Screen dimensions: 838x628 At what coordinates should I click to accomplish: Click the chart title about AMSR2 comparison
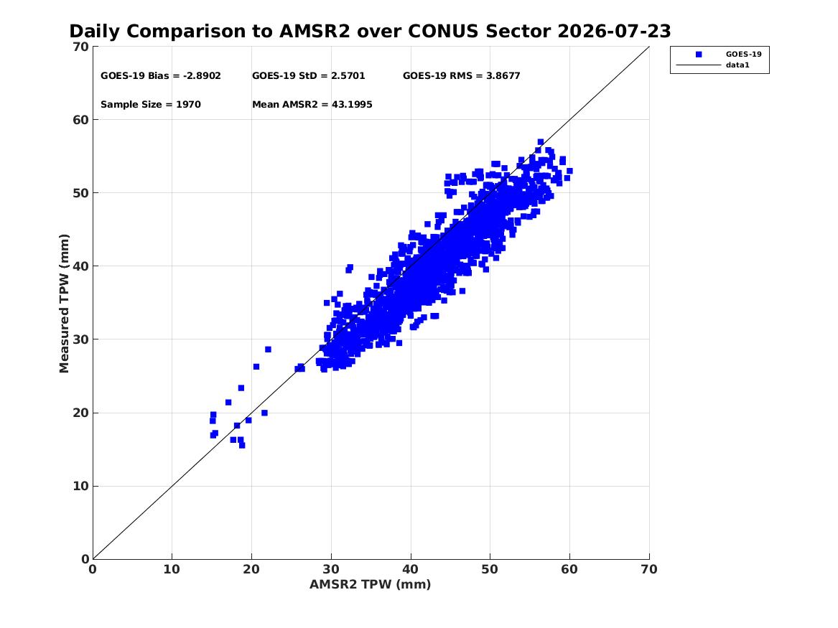(x=370, y=31)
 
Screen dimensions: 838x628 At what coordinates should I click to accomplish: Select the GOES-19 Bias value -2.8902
(x=202, y=76)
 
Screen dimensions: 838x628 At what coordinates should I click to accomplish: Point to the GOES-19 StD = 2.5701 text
(x=308, y=76)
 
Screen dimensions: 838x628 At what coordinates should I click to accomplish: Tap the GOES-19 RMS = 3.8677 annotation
(x=461, y=76)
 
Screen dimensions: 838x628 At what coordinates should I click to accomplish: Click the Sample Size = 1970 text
(x=151, y=105)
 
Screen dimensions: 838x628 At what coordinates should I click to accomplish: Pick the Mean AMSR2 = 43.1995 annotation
(x=312, y=105)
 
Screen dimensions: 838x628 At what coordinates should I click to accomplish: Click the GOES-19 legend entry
(x=743, y=54)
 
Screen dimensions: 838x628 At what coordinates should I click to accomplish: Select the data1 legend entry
(x=737, y=65)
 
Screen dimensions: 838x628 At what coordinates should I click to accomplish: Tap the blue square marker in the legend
(x=699, y=55)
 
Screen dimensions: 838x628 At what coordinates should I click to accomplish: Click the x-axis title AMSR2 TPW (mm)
(x=370, y=584)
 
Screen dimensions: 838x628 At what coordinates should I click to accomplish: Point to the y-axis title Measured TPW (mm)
(x=64, y=304)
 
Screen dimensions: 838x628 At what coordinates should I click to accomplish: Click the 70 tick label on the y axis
(x=80, y=47)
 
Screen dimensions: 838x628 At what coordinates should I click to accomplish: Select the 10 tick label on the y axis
(x=80, y=486)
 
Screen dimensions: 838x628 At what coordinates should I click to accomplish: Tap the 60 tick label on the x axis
(x=569, y=569)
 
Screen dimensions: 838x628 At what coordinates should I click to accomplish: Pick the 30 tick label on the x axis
(x=331, y=569)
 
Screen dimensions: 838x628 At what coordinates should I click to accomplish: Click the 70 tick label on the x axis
(x=649, y=569)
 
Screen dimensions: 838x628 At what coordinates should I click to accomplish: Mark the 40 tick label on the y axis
(x=80, y=266)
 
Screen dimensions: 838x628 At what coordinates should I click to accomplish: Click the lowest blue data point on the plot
(x=242, y=445)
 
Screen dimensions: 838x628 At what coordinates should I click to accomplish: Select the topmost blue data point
(x=540, y=142)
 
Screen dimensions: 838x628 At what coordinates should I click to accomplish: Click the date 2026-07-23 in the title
(x=614, y=31)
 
